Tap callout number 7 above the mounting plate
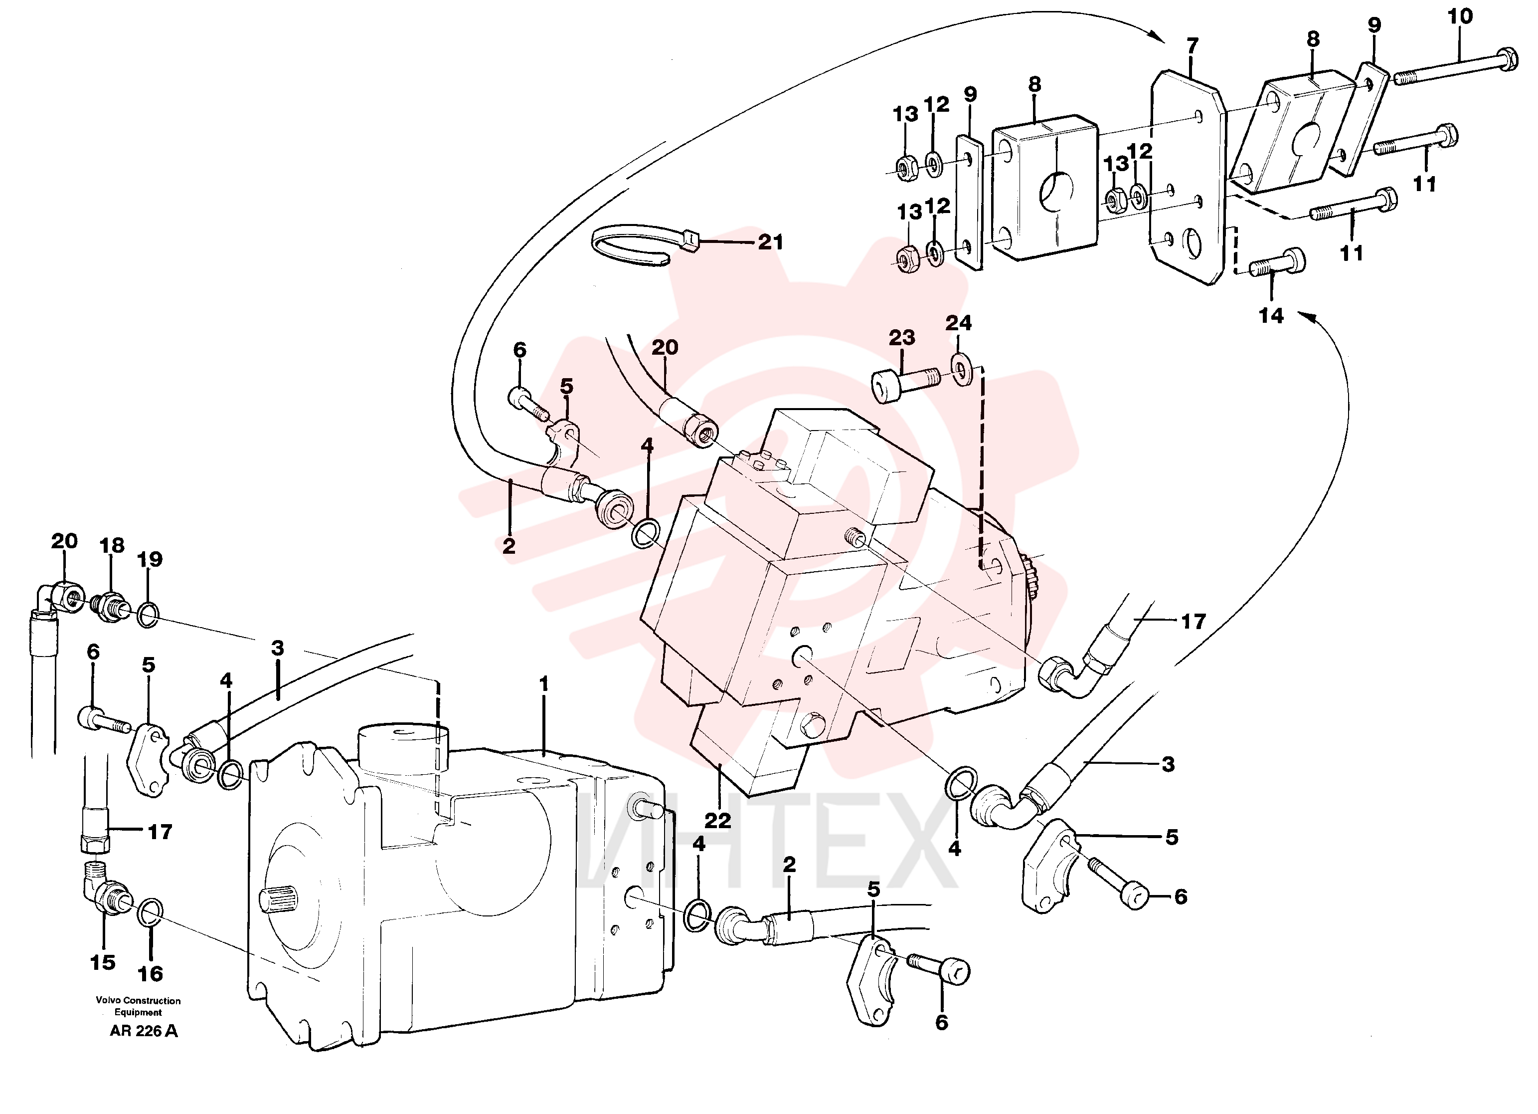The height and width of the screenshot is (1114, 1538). coord(1192,46)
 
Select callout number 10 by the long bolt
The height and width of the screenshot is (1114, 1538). coord(1460,16)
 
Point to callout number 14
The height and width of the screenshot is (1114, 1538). coord(1271,315)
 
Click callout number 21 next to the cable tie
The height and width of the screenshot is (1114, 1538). coord(770,241)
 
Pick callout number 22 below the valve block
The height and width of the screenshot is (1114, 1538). coord(717,820)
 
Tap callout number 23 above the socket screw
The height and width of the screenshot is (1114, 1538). coord(901,337)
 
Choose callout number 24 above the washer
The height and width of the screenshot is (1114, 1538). coord(958,323)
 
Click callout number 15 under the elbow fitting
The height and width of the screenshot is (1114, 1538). coord(102,962)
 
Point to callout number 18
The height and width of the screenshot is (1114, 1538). coord(112,545)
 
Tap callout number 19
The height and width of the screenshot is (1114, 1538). coord(150,559)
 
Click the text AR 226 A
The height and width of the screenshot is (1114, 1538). coord(144,1031)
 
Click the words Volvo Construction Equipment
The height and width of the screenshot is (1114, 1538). coord(138,1006)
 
